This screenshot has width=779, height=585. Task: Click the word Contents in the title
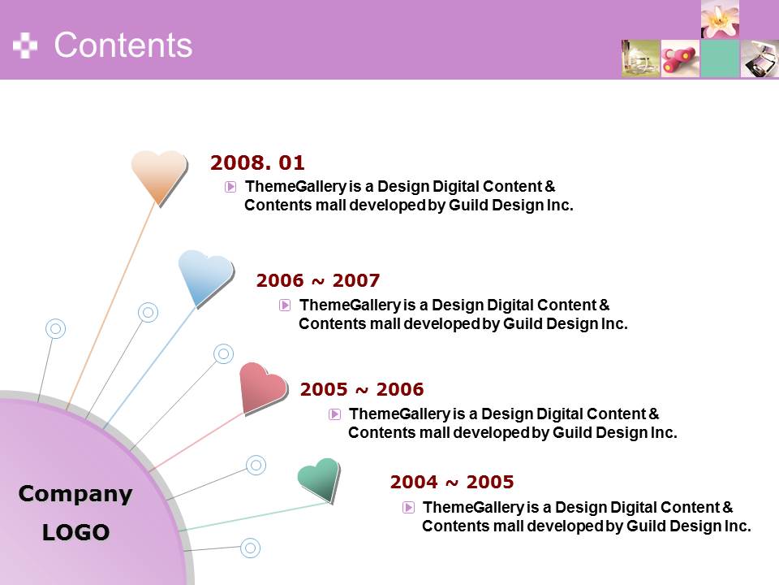click(123, 45)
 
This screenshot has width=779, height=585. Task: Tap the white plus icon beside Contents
click(25, 45)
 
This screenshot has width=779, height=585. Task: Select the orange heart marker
click(159, 176)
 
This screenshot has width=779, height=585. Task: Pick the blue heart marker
click(205, 278)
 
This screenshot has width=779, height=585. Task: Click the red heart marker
click(262, 388)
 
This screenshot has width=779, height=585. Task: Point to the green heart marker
click(320, 479)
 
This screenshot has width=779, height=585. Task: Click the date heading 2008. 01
click(257, 162)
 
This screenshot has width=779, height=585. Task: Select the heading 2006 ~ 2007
click(318, 280)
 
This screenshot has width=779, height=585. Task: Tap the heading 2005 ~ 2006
click(362, 389)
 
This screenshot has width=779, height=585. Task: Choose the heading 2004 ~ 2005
click(452, 482)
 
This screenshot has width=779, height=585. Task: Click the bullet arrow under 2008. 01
click(230, 187)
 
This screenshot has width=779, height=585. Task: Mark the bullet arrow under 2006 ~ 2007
click(285, 305)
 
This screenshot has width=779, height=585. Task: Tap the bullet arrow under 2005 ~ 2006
click(335, 414)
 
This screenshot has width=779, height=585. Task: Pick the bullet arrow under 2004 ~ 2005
click(408, 507)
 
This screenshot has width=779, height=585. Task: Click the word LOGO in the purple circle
click(75, 532)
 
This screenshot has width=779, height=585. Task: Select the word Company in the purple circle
click(75, 494)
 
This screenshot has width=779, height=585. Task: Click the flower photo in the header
click(720, 19)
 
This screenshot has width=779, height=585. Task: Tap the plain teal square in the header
click(720, 58)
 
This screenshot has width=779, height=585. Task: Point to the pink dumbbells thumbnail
click(680, 58)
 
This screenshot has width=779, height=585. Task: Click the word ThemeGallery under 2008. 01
click(295, 187)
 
